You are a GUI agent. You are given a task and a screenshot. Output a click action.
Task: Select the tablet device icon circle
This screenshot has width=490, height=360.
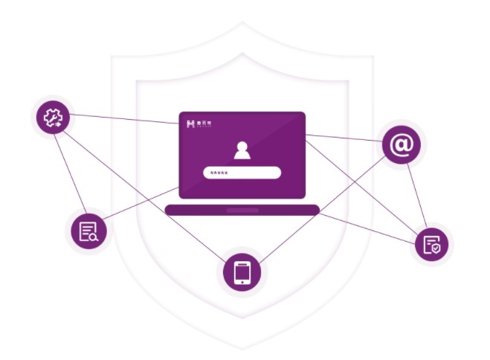click(242, 272)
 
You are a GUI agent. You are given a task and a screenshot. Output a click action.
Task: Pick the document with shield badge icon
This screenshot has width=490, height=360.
click(431, 243)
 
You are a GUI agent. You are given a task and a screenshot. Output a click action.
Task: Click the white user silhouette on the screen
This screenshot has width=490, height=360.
click(242, 150)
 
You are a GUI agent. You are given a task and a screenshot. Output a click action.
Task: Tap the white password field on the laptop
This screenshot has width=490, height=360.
click(242, 173)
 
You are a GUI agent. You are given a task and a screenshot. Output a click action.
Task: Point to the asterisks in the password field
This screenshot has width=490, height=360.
click(219, 173)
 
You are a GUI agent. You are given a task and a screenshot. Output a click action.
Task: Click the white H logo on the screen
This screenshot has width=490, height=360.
click(191, 123)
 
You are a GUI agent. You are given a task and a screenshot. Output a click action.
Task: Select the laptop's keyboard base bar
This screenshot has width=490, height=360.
click(242, 210)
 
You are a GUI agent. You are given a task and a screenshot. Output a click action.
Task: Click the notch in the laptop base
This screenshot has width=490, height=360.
click(242, 210)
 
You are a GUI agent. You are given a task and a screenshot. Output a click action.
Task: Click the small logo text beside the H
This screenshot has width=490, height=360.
click(205, 123)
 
